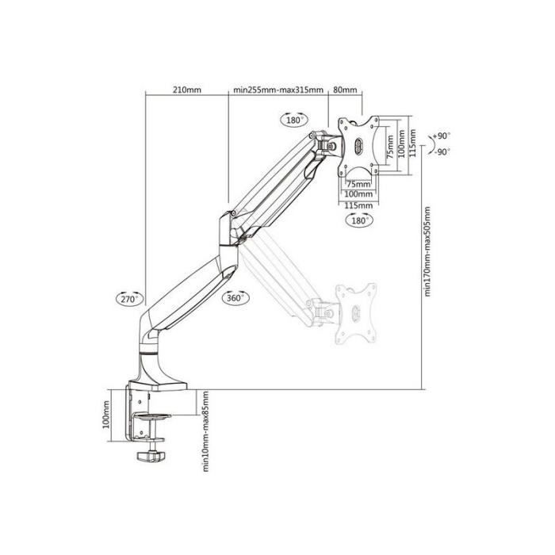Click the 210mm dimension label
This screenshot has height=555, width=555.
click(x=187, y=90)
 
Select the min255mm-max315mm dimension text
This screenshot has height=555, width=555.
click(x=278, y=90)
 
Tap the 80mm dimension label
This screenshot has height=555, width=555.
click(x=345, y=90)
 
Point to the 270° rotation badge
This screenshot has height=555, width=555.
click(x=130, y=299)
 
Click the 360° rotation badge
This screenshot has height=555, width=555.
click(x=235, y=297)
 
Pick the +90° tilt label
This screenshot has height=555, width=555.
click(x=442, y=136)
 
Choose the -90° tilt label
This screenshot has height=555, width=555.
click(x=442, y=152)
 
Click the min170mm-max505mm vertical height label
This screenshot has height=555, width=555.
click(x=427, y=251)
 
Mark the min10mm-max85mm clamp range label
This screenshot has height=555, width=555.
click(x=205, y=431)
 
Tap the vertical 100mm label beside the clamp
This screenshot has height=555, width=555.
click(x=106, y=415)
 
